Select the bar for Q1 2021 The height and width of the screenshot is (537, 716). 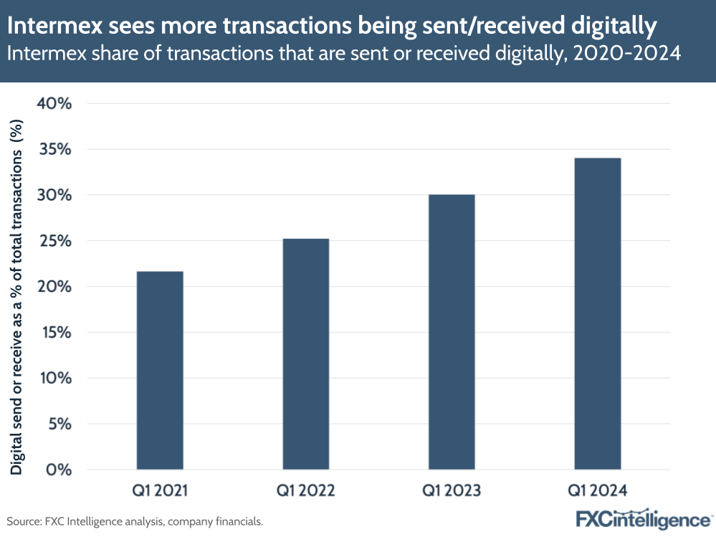coord(160,371)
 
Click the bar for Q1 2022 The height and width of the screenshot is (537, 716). coord(306,354)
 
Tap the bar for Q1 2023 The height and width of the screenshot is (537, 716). coord(452,332)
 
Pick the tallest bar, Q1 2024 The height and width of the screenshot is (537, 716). coord(598,314)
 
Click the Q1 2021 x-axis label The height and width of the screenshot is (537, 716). coord(160,491)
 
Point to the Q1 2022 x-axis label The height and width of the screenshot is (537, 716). coord(306,491)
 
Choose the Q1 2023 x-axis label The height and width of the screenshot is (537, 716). coord(452,491)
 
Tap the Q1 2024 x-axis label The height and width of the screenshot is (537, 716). coord(598,491)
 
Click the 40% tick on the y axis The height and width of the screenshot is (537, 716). coord(54,104)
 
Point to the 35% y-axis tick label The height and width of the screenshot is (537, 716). coord(54,149)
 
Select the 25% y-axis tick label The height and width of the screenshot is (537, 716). coord(54,241)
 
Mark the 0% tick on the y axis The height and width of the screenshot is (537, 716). coord(58,470)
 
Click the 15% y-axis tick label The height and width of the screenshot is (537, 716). coord(54,333)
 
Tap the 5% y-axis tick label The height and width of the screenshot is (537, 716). coord(58,424)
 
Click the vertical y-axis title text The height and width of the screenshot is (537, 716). coord(16,287)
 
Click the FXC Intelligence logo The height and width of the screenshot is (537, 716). coord(643,519)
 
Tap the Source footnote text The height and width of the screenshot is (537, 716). coord(135,521)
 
